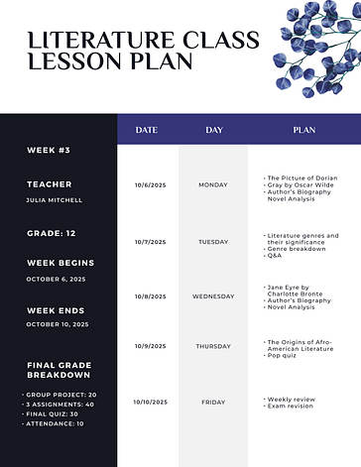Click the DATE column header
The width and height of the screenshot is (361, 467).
pyautogui.click(x=147, y=130)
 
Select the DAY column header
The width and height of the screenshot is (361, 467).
pyautogui.click(x=213, y=130)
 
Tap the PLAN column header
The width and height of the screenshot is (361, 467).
pyautogui.click(x=303, y=130)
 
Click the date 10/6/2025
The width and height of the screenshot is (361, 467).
pyautogui.click(x=149, y=185)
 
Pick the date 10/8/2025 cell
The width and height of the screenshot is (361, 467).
pyautogui.click(x=150, y=296)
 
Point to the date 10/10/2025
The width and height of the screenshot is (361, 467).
pyautogui.click(x=150, y=402)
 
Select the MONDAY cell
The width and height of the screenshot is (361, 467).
pyautogui.click(x=213, y=185)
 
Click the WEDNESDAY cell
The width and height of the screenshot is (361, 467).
pyautogui.click(x=213, y=296)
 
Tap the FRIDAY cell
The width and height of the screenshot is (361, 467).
pyautogui.click(x=213, y=402)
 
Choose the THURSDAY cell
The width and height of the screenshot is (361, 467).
pyautogui.click(x=213, y=346)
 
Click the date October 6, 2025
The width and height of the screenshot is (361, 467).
pyautogui.click(x=56, y=279)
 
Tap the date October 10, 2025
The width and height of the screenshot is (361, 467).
pyautogui.click(x=57, y=324)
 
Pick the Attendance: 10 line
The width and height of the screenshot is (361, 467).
pyautogui.click(x=54, y=423)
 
